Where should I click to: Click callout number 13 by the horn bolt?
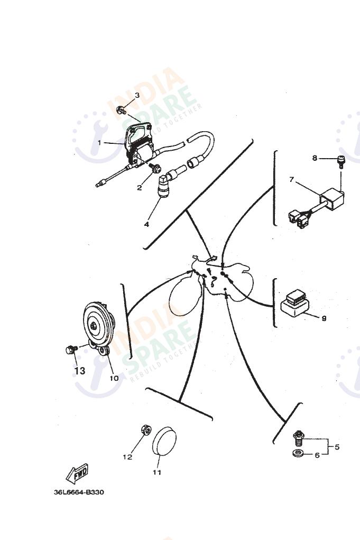click(x=79, y=371)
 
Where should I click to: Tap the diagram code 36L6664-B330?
click(x=79, y=492)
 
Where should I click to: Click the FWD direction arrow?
click(x=77, y=474)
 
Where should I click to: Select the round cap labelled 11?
click(x=164, y=442)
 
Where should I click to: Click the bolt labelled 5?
click(x=298, y=438)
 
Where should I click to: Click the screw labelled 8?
click(x=341, y=161)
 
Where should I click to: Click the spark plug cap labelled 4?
click(x=164, y=186)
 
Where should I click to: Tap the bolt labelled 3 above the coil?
click(x=121, y=110)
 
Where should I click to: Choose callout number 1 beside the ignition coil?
click(x=99, y=142)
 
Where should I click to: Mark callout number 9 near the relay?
click(x=324, y=318)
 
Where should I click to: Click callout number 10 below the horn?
click(x=114, y=378)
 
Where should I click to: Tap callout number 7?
click(x=291, y=179)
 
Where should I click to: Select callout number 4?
click(x=146, y=224)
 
